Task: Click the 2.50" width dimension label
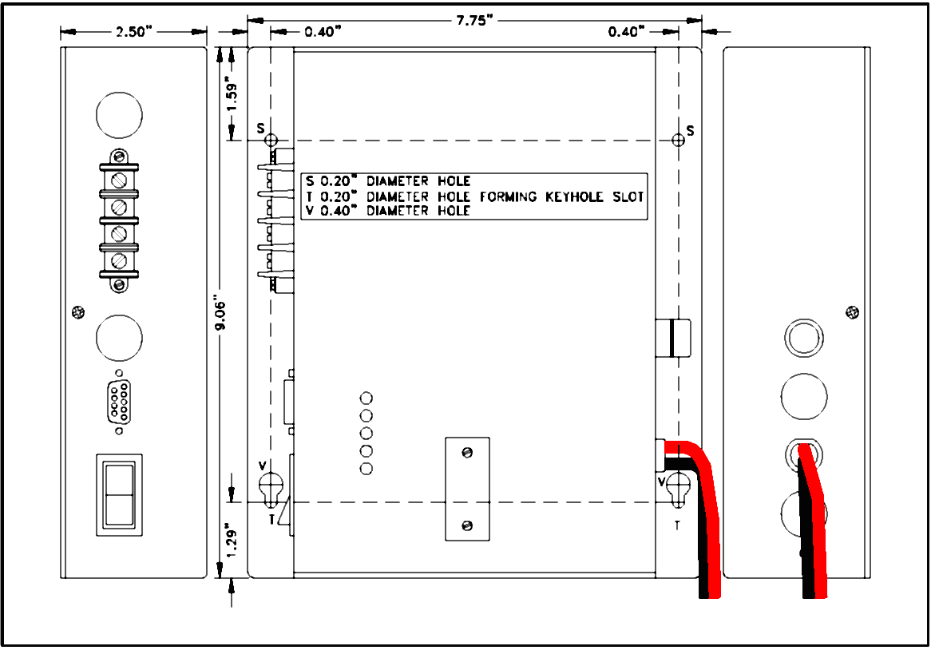[133, 31]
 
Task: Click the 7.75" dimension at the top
[474, 20]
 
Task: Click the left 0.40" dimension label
[323, 31]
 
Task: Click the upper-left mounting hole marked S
[271, 141]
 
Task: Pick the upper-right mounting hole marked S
[678, 141]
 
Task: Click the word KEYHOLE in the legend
[573, 196]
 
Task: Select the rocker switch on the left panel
[119, 495]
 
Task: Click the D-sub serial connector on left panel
[119, 402]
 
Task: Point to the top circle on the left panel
[119, 115]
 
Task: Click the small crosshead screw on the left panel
[77, 312]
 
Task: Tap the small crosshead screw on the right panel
[852, 312]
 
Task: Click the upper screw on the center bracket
[467, 453]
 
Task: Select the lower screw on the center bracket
[467, 526]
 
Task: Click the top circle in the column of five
[366, 398]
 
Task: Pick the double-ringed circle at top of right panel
[804, 338]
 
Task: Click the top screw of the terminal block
[119, 157]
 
